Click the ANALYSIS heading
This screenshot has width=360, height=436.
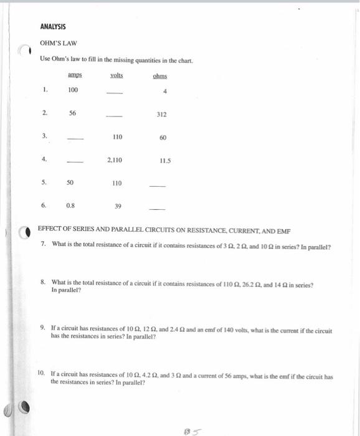pyautogui.click(x=53, y=27)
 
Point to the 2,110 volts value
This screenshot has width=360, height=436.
pyautogui.click(x=116, y=160)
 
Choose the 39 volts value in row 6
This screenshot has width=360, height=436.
pyautogui.click(x=118, y=206)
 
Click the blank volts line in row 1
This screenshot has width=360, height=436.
pyautogui.click(x=115, y=93)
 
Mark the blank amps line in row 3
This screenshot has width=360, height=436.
pyautogui.click(x=75, y=140)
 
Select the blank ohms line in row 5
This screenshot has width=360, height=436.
pyautogui.click(x=159, y=186)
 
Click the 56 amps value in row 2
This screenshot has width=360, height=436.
pyautogui.click(x=73, y=114)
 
